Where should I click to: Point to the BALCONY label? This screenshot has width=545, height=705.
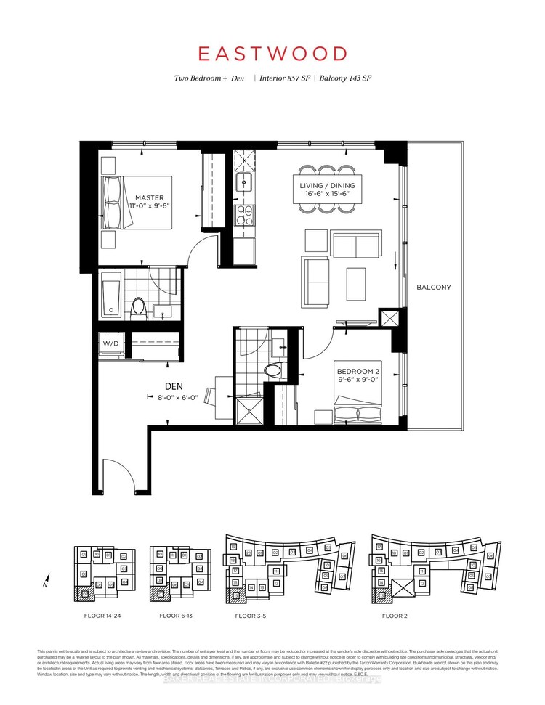[x=434, y=288]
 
